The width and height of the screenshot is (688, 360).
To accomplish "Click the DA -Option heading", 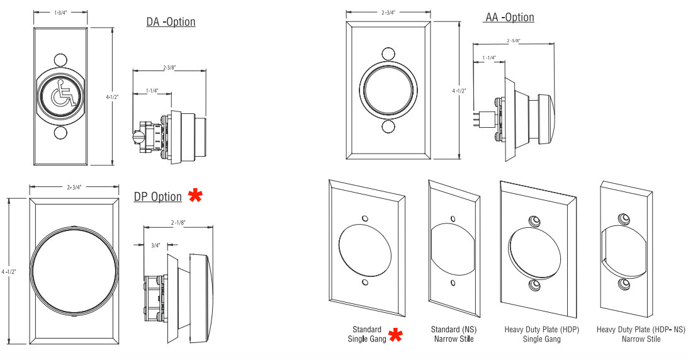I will [x=171, y=22].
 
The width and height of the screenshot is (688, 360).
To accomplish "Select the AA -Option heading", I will [x=510, y=17].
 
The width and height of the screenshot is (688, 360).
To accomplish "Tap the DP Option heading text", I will [x=158, y=197].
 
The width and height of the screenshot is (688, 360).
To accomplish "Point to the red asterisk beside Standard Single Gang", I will [x=395, y=335].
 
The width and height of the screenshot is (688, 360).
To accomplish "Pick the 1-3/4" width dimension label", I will [x=61, y=12].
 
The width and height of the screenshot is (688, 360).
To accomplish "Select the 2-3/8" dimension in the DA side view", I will [x=170, y=67].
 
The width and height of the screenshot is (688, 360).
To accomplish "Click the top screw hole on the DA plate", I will [x=60, y=60].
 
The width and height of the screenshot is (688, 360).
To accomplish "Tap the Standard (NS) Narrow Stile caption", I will [x=451, y=334].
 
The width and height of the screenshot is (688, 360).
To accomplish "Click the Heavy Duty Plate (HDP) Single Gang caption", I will [x=541, y=334].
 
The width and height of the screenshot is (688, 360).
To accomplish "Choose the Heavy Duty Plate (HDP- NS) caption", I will [x=641, y=334].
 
